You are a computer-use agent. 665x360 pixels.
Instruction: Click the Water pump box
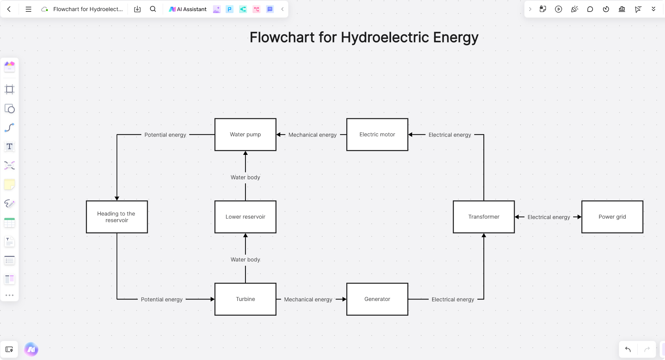(245, 135)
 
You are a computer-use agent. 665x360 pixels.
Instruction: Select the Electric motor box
(377, 135)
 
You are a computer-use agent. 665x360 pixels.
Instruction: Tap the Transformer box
(484, 217)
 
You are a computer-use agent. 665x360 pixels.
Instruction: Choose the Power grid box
(612, 217)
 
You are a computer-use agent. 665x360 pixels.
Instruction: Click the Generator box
(377, 299)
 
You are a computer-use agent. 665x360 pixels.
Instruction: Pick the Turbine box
(245, 299)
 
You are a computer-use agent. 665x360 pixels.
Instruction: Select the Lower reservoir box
(245, 217)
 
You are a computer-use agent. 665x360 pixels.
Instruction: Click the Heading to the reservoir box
(117, 217)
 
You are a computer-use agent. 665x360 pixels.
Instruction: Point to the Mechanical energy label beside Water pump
(312, 135)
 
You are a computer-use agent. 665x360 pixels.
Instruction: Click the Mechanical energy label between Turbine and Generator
(308, 299)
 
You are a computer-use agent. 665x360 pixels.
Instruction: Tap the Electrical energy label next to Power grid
(549, 217)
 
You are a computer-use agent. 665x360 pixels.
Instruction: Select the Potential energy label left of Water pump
(165, 135)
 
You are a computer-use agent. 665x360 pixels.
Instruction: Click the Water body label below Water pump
(245, 177)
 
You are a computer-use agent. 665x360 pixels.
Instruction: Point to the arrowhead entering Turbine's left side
(213, 299)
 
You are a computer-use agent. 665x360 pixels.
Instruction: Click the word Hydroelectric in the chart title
(385, 37)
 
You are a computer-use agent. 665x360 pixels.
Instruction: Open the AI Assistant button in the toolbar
(188, 9)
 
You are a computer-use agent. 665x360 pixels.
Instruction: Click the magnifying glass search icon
(153, 9)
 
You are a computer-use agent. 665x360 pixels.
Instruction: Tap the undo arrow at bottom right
(628, 349)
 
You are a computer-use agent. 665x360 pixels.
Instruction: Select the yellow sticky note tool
(9, 185)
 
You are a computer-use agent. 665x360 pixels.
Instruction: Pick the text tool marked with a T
(9, 147)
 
